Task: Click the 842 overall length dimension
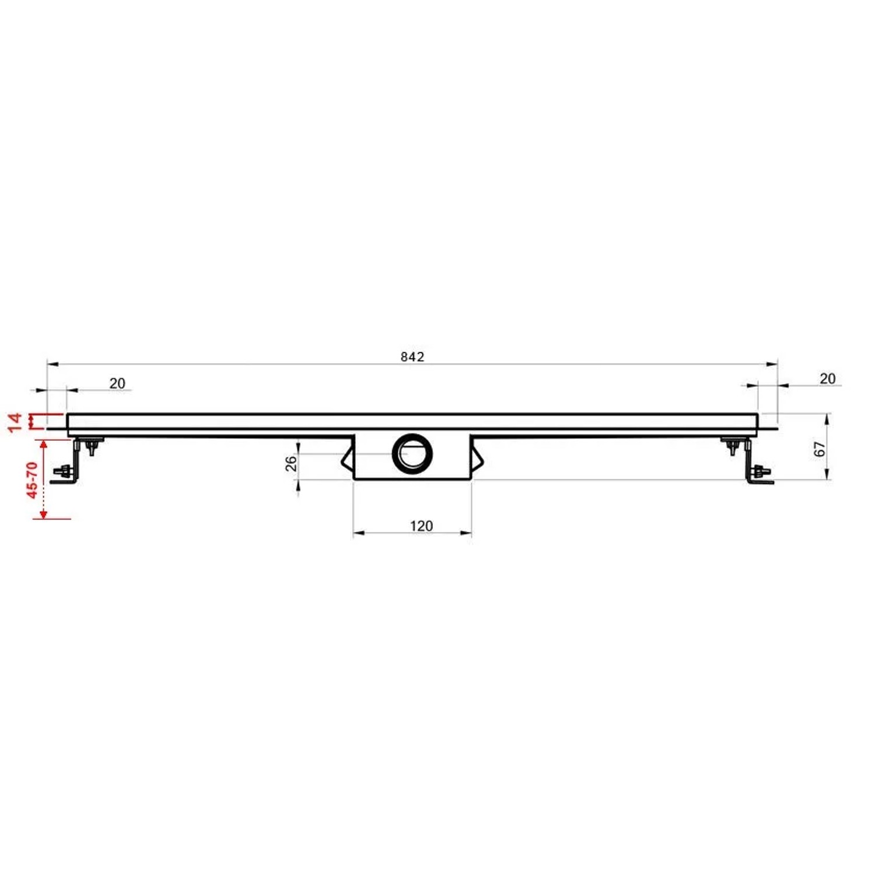412,356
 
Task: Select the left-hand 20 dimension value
117,383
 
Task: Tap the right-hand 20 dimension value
827,379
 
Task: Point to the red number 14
15,422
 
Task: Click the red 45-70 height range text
32,480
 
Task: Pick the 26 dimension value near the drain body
290,463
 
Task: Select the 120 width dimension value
421,526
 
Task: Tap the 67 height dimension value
820,449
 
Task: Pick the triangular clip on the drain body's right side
478,458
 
